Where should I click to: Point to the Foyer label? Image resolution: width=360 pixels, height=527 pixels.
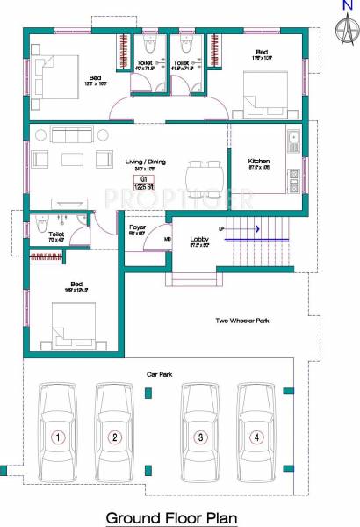click(x=137, y=227)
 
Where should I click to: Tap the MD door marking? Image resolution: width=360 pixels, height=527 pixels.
click(x=168, y=238)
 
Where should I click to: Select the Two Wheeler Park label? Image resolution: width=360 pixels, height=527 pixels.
click(x=241, y=321)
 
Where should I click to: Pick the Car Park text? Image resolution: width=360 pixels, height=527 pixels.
click(x=160, y=374)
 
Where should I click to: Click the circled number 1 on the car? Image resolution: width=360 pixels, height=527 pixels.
click(x=58, y=437)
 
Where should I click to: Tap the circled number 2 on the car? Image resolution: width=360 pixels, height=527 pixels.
click(x=114, y=437)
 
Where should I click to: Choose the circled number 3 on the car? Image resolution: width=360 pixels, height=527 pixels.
click(x=201, y=437)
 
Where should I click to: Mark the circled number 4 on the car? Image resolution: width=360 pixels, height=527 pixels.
click(x=257, y=437)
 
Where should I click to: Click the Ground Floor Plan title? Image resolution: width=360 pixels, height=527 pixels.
click(x=172, y=518)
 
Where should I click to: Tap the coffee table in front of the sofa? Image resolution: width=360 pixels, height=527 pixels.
click(x=70, y=160)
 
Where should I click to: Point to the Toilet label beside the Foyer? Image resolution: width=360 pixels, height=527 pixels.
click(x=55, y=235)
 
